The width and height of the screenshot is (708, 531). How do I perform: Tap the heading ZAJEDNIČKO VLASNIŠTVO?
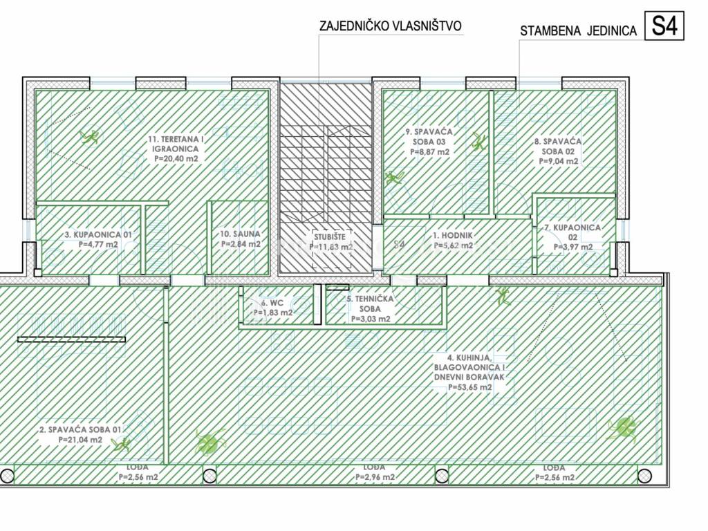[390, 26]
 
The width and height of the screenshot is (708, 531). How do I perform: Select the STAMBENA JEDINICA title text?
[578, 31]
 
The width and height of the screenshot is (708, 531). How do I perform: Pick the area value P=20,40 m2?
[178, 158]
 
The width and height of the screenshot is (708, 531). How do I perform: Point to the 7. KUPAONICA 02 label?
[572, 236]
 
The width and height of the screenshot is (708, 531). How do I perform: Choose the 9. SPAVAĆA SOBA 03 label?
[429, 141]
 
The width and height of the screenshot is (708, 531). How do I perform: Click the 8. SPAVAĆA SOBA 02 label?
[558, 151]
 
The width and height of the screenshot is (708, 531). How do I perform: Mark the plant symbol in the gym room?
[88, 136]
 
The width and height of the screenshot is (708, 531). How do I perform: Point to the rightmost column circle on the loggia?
[644, 476]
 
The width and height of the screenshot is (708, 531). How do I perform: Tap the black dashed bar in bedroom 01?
[71, 339]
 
